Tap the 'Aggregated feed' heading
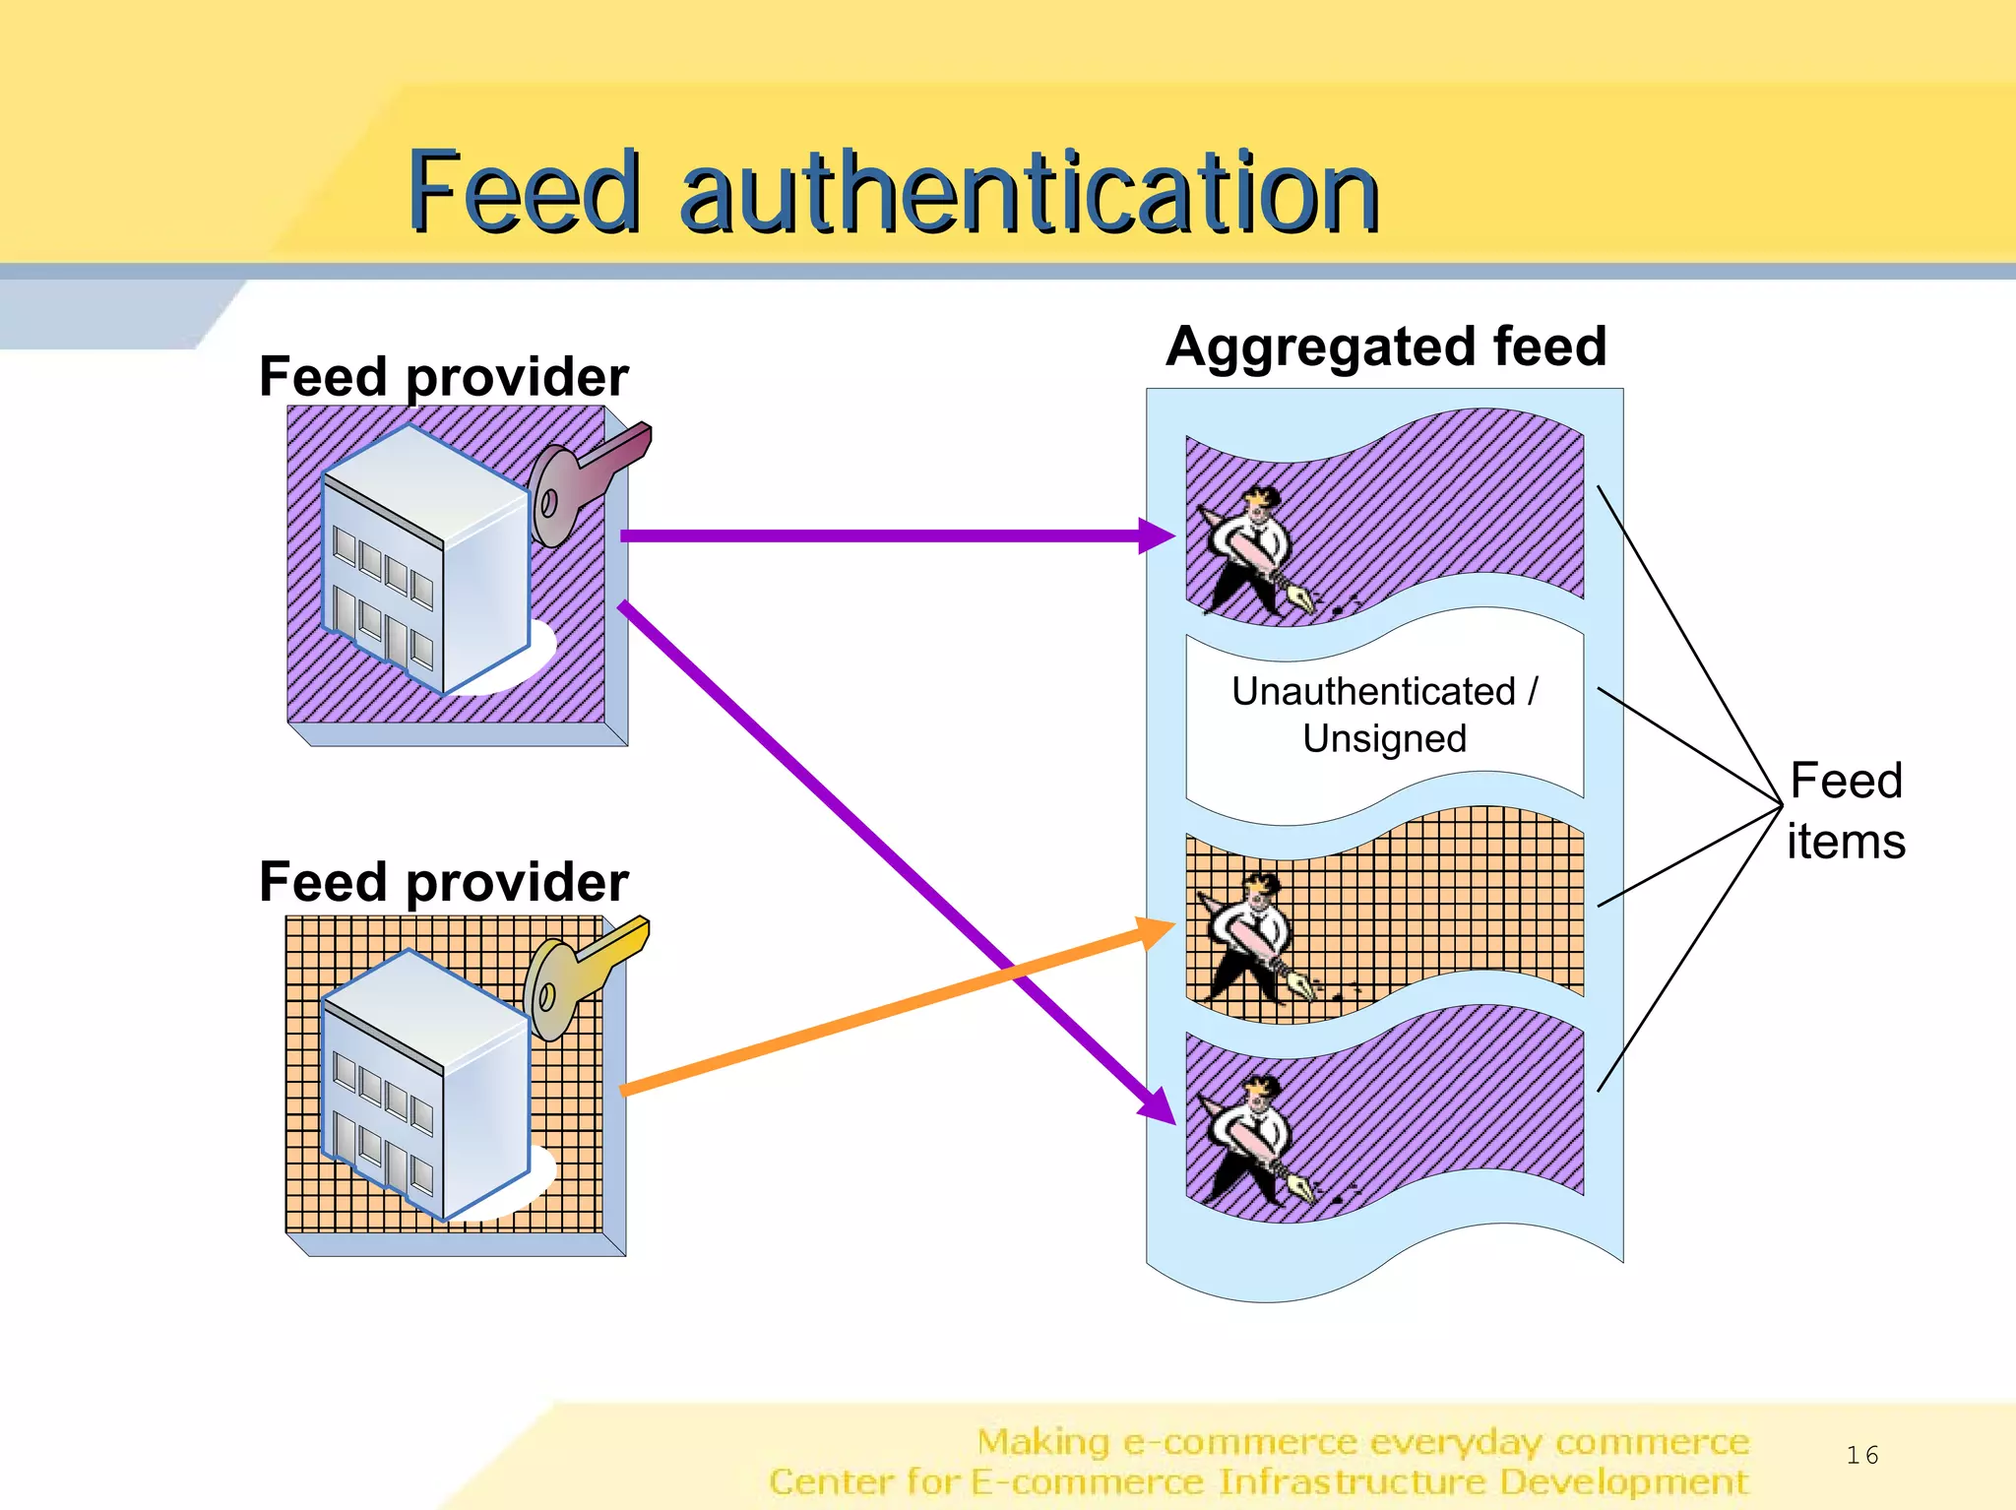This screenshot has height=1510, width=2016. pos(1385,346)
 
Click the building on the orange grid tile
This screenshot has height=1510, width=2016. pos(425,1083)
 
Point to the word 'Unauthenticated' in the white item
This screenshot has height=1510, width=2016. pos(1373,692)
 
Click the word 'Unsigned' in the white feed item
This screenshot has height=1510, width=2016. pos(1384,738)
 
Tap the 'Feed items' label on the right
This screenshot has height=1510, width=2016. pos(1846,810)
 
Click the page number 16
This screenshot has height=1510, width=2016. pos(1861,1455)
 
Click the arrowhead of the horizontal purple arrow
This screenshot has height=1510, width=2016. pos(1159,536)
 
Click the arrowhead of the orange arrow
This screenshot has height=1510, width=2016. pos(1156,930)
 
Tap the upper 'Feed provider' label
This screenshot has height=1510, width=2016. pos(443,377)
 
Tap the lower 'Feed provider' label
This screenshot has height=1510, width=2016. pos(443,882)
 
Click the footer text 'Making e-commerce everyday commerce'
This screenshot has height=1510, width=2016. pos(1362,1442)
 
